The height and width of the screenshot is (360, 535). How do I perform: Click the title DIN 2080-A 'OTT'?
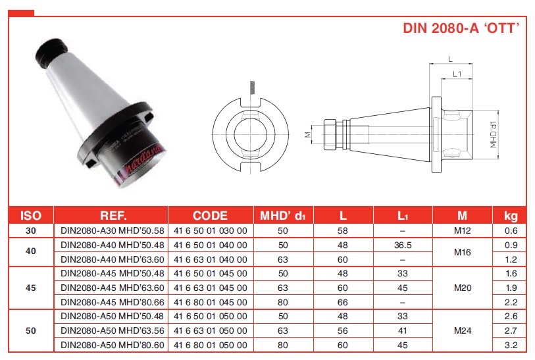[x=461, y=28]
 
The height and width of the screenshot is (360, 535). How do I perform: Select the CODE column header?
[x=210, y=216]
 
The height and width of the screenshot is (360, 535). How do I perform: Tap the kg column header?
[x=511, y=216]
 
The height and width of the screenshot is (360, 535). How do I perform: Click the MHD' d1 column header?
[x=283, y=216]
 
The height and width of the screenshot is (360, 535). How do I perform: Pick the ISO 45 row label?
[x=31, y=288]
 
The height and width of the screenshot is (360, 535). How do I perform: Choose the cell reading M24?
[x=463, y=330]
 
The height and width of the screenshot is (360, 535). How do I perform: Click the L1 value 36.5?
[x=403, y=245]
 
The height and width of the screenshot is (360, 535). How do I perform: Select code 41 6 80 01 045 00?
[x=210, y=302]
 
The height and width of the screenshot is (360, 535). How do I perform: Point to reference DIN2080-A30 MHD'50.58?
[x=113, y=230]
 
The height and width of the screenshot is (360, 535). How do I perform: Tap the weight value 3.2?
[x=511, y=345]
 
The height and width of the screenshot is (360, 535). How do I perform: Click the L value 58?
[x=343, y=230]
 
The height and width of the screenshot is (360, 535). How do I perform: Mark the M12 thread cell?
[x=463, y=230]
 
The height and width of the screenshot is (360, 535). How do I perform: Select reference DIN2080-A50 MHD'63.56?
[x=113, y=330]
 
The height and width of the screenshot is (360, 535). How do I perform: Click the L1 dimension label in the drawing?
[x=457, y=74]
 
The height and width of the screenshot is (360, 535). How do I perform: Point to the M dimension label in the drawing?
[x=308, y=135]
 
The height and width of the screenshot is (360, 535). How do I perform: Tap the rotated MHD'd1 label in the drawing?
[x=494, y=135]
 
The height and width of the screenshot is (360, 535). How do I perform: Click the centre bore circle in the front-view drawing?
[x=251, y=134]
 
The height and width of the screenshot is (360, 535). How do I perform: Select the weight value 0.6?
[x=511, y=230]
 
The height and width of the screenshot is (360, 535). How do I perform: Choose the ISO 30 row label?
[x=31, y=230]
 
